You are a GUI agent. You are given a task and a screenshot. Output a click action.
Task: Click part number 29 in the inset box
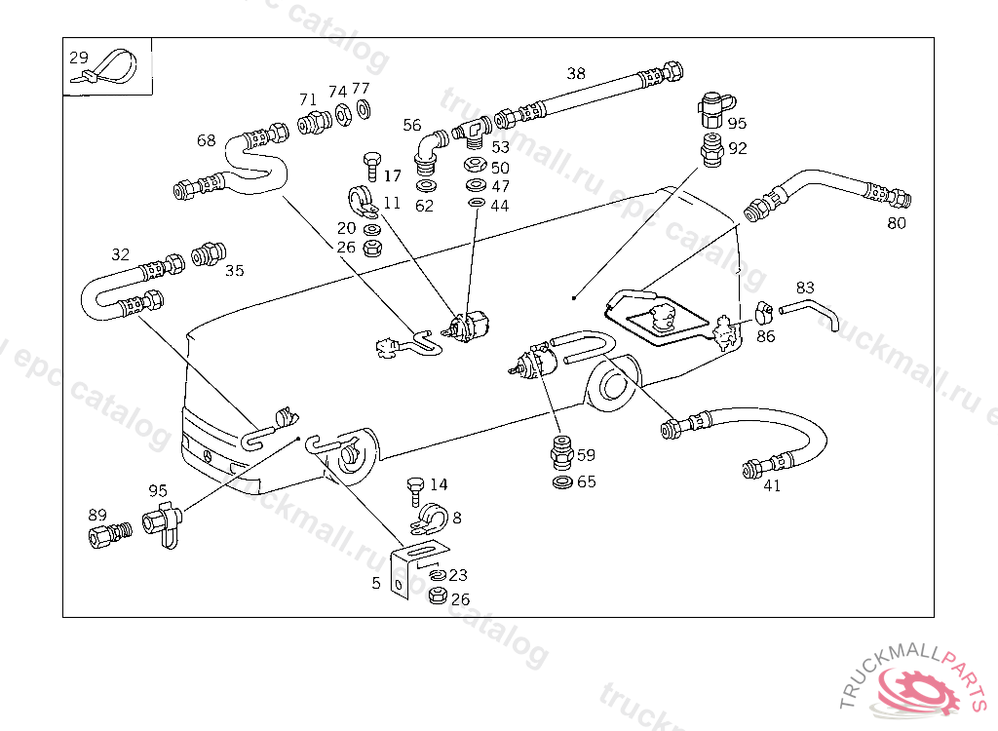tap(79, 58)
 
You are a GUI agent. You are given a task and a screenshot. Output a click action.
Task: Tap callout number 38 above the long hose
tap(576, 73)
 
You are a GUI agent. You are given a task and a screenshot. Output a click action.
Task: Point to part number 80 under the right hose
tap(896, 223)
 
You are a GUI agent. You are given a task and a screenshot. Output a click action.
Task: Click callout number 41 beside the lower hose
tap(772, 485)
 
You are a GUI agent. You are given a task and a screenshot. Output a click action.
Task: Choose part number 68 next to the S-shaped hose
tap(206, 140)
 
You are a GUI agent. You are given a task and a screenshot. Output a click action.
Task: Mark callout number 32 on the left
tap(120, 254)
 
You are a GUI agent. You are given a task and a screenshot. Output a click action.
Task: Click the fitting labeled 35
tap(208, 255)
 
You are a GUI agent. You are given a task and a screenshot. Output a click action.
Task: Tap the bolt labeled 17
tap(369, 165)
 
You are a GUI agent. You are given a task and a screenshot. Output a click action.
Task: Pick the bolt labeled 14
tap(413, 485)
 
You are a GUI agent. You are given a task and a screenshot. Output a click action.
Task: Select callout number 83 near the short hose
tap(804, 288)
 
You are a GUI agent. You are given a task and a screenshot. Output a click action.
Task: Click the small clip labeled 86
tap(764, 312)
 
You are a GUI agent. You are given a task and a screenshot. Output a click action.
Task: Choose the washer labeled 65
tap(562, 481)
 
